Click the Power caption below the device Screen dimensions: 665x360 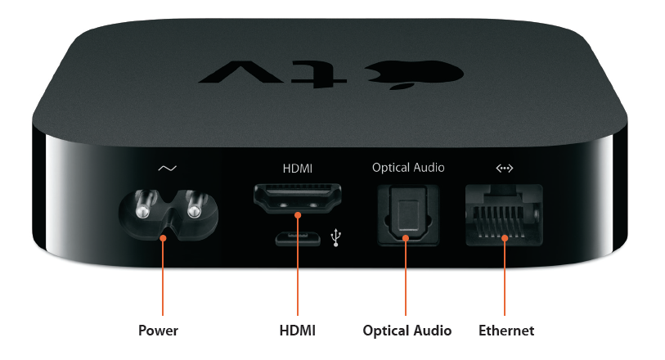pyautogui.click(x=158, y=331)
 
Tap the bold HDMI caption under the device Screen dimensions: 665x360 pyautogui.click(x=297, y=331)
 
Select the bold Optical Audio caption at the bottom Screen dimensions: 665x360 pyautogui.click(x=407, y=331)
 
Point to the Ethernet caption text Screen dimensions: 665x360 pyautogui.click(x=506, y=331)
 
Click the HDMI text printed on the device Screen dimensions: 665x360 pyautogui.click(x=297, y=169)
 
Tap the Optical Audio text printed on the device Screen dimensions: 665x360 pyautogui.click(x=408, y=168)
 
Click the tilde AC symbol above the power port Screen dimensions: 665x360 pyautogui.click(x=168, y=169)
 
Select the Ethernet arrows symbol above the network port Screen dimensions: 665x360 pyautogui.click(x=504, y=169)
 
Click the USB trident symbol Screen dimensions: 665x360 pyautogui.click(x=336, y=237)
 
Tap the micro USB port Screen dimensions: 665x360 pyautogui.click(x=298, y=239)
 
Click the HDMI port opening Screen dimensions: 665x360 pyautogui.click(x=298, y=198)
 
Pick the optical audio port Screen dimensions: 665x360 pyautogui.click(x=408, y=215)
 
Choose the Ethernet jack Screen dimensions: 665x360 pyautogui.click(x=504, y=214)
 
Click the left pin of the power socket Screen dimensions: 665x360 pyautogui.click(x=143, y=205)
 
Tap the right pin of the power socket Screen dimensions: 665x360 pyautogui.click(x=195, y=205)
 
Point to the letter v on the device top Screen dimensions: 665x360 pyautogui.click(x=243, y=72)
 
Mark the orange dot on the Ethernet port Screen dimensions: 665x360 pyautogui.click(x=505, y=238)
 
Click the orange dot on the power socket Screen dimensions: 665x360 pyautogui.click(x=163, y=238)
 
